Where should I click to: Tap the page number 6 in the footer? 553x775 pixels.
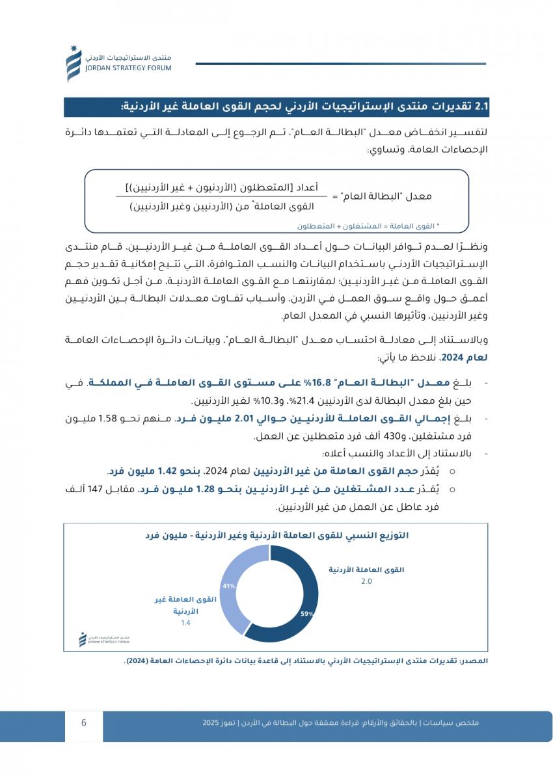(x=84, y=722)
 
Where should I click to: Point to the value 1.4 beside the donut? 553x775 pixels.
(x=186, y=623)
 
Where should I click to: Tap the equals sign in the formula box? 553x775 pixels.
(x=334, y=196)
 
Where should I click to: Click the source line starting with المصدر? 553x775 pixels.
(x=305, y=661)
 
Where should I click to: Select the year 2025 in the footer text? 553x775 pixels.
(x=211, y=722)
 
